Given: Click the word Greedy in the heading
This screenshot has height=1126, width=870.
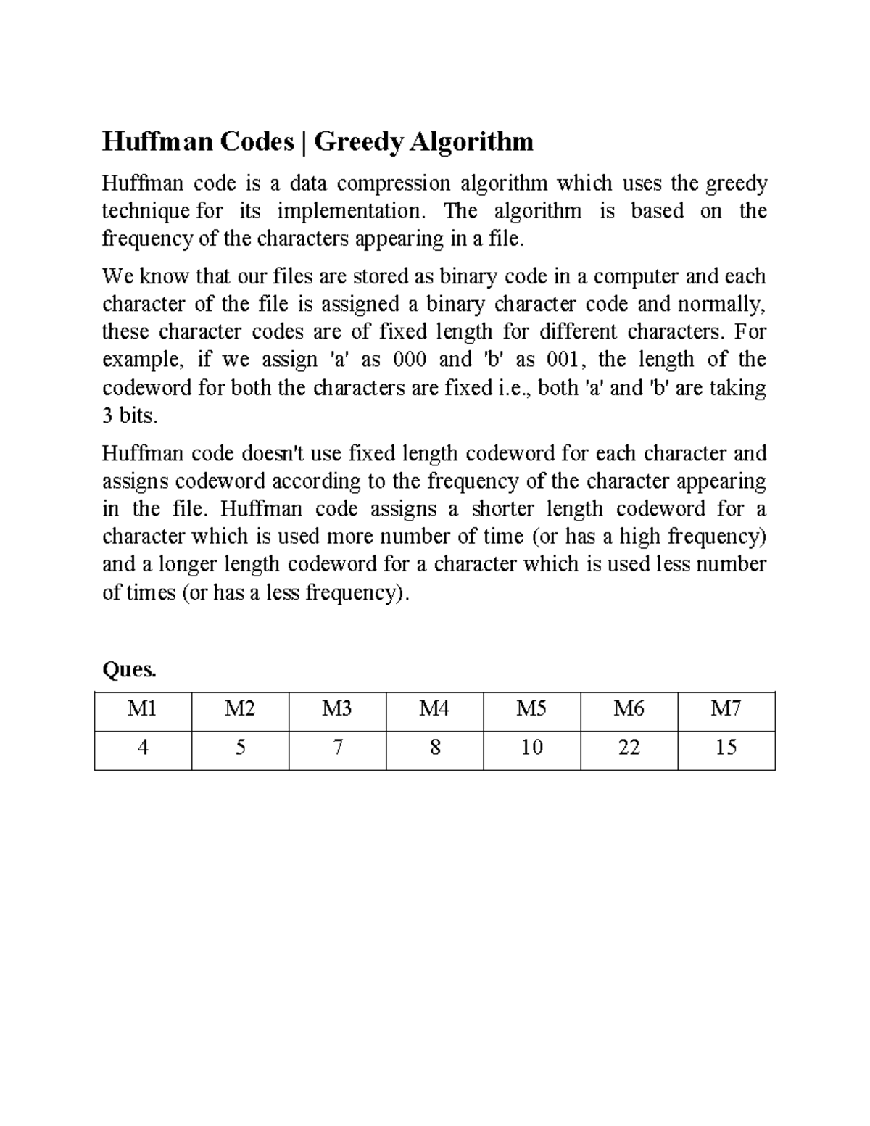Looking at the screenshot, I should pyautogui.click(x=358, y=141).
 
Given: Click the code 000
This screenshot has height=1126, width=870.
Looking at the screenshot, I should pyautogui.click(x=409, y=360).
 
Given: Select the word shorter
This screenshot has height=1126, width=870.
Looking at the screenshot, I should pyautogui.click(x=502, y=509).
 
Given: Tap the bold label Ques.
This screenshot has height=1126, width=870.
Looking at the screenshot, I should pyautogui.click(x=130, y=670).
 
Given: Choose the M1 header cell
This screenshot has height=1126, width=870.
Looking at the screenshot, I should pyautogui.click(x=142, y=708).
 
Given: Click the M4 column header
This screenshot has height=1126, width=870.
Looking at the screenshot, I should pyautogui.click(x=434, y=708).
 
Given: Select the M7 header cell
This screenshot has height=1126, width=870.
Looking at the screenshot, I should pyautogui.click(x=726, y=708).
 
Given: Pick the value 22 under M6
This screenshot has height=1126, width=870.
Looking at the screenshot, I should pyautogui.click(x=629, y=748).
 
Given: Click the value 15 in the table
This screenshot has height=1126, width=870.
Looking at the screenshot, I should pyautogui.click(x=726, y=748).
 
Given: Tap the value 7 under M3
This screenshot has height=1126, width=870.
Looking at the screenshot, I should pyautogui.click(x=337, y=748).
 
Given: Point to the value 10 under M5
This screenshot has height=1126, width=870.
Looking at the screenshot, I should pyautogui.click(x=531, y=748).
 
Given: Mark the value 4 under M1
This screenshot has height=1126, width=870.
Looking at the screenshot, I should pyautogui.click(x=143, y=748).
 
